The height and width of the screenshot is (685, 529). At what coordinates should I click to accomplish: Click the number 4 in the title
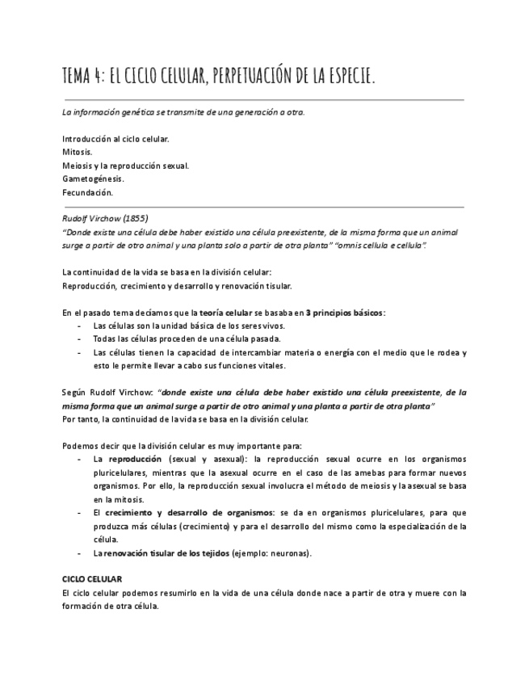click(x=98, y=77)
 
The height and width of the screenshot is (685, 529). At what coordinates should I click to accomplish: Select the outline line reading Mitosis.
click(x=77, y=152)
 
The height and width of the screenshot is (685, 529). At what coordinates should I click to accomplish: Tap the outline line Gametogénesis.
click(x=93, y=179)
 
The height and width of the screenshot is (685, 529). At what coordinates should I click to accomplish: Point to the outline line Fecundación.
click(x=87, y=192)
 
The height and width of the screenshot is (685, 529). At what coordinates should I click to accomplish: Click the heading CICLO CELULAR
click(x=92, y=580)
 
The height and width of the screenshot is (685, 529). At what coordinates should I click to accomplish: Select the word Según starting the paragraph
click(x=75, y=392)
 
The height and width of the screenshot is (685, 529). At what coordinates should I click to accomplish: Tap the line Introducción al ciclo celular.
click(x=115, y=138)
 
